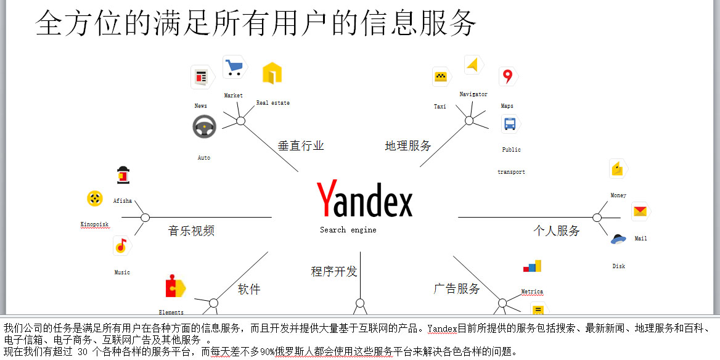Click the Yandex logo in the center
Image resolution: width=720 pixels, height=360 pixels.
point(364,198)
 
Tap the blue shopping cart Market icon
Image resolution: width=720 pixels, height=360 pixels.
point(235,67)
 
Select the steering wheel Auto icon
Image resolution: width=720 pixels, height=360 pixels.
point(204,127)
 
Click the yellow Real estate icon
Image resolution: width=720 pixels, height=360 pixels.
point(272,73)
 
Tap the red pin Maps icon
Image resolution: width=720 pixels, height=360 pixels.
point(508,76)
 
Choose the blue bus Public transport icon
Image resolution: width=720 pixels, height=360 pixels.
point(510,124)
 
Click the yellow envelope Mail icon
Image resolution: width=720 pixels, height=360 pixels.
point(640,211)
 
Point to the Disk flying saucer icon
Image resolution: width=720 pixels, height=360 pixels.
point(618,239)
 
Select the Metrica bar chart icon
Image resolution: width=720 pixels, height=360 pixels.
point(532,266)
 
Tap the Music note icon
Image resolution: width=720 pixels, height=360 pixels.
point(122,246)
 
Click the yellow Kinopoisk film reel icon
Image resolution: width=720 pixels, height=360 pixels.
point(94,198)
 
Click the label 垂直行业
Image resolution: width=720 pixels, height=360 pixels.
point(301,146)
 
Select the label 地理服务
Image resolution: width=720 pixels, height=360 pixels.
point(408,146)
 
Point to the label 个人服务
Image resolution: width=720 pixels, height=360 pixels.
point(557,231)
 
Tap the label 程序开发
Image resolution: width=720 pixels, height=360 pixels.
point(334,271)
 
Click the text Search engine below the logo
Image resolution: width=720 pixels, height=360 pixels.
point(348,230)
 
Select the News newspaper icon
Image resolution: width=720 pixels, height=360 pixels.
point(202,76)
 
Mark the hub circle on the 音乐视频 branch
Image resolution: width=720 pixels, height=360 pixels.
point(145,218)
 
